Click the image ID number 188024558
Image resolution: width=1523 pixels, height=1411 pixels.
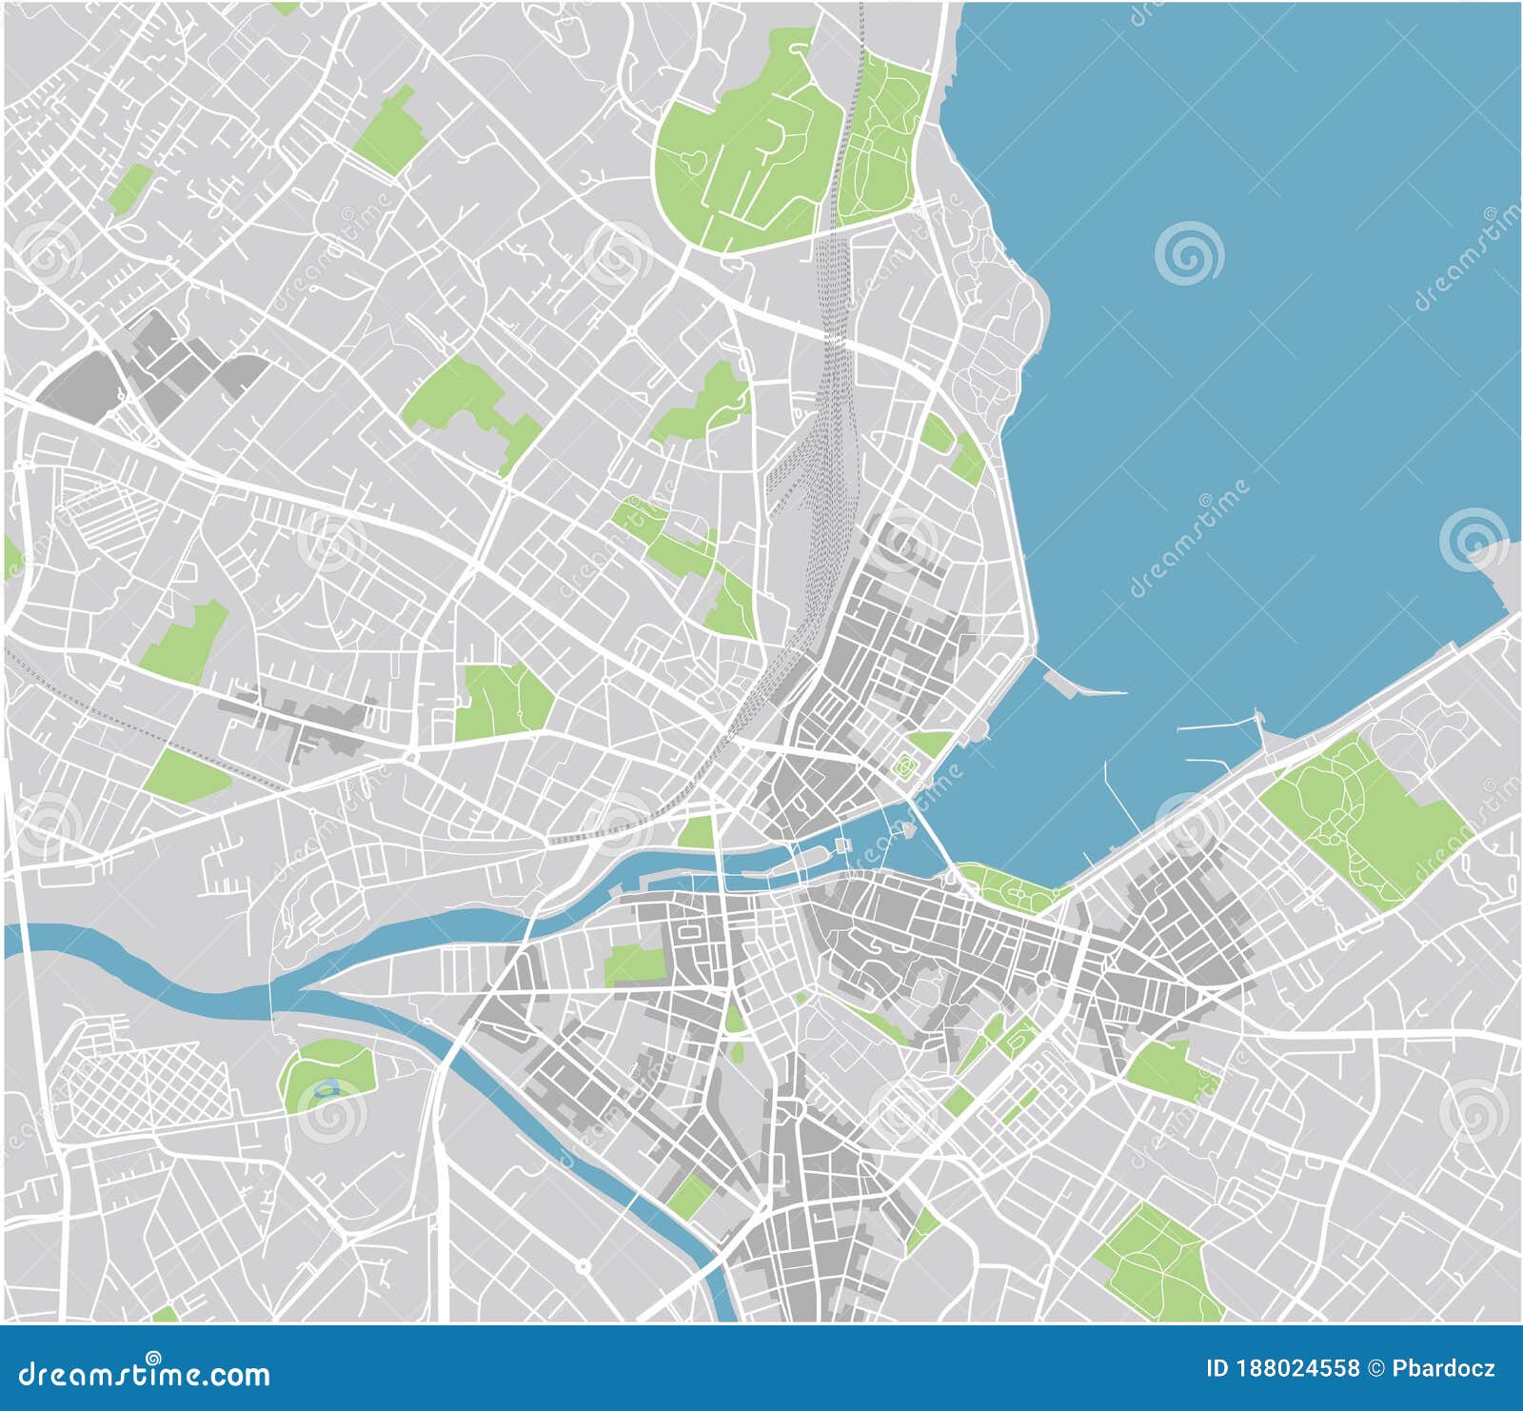click(x=1296, y=1369)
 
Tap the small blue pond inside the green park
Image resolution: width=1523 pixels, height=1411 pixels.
click(x=327, y=1087)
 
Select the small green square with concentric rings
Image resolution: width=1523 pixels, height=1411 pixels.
click(x=904, y=764)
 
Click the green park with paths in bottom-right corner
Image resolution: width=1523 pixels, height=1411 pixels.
click(x=1157, y=1262)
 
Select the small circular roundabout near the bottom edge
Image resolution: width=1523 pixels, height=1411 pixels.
click(x=582, y=1267)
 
